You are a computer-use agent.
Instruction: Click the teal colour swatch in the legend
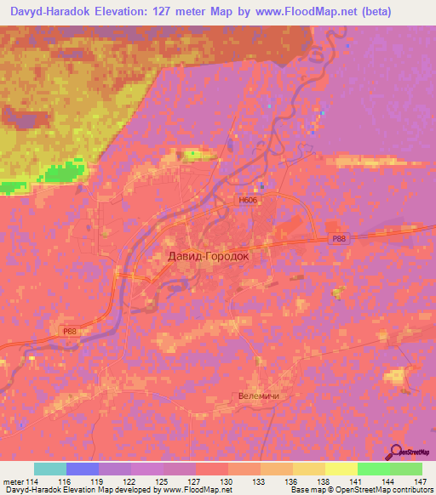tap(50, 469)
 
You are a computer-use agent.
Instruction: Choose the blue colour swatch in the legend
tap(83, 469)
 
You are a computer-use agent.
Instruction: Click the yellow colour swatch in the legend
tap(341, 469)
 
